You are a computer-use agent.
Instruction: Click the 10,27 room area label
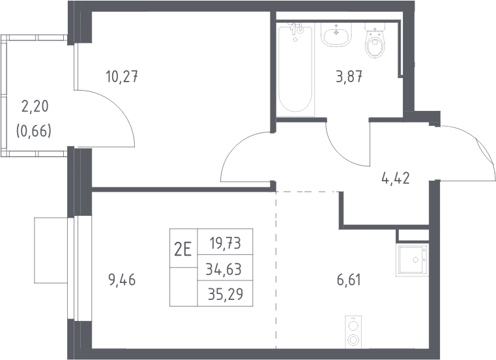click(122, 77)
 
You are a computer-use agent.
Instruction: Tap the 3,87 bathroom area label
click(349, 77)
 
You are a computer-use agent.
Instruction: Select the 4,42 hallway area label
click(396, 178)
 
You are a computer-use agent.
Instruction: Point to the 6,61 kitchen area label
click(349, 280)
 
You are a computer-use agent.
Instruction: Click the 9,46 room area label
click(122, 280)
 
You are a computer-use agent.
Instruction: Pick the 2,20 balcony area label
click(35, 106)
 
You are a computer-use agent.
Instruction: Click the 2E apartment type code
click(183, 250)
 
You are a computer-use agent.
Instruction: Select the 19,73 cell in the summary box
click(226, 243)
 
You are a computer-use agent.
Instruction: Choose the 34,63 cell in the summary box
click(224, 270)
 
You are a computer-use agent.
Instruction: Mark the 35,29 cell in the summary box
click(226, 294)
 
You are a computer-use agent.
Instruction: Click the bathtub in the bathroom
click(296, 69)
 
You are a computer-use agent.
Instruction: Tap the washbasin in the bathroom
click(336, 34)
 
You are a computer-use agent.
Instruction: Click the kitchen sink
click(412, 260)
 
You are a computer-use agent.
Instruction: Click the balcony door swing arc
click(121, 107)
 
